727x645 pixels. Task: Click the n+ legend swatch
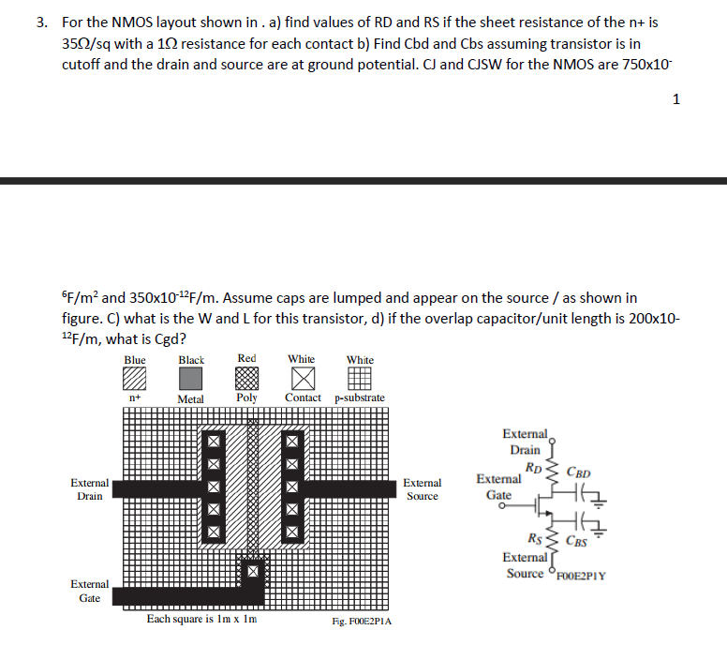[x=135, y=378]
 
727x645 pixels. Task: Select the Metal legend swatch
[x=191, y=378]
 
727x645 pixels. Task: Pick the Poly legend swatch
[x=247, y=378]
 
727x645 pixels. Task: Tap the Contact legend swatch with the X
[x=303, y=378]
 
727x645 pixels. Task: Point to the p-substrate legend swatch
[x=360, y=378]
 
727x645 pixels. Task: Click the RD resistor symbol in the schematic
[x=552, y=476]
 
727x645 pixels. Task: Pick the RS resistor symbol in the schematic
[x=552, y=540]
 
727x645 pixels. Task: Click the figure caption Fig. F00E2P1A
[x=362, y=622]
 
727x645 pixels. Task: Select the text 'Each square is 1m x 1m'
[x=201, y=619]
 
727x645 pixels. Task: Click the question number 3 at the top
[x=41, y=22]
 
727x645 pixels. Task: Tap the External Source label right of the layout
[x=422, y=489]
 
